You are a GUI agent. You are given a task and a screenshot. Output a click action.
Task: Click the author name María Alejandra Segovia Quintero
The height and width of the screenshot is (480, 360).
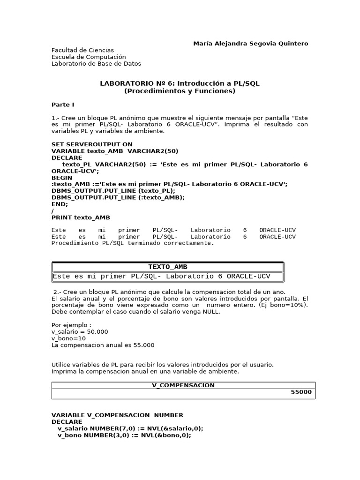251,44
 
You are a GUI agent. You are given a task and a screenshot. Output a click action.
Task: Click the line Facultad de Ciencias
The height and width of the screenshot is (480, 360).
82,50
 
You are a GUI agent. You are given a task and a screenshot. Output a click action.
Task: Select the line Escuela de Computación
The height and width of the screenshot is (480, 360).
89,57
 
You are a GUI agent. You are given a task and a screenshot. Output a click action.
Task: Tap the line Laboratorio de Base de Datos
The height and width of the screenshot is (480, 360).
96,64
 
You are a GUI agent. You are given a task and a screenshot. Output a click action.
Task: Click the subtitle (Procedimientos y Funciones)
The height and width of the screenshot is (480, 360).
180,91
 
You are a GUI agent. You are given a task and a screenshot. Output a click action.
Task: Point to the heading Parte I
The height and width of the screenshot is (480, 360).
63,105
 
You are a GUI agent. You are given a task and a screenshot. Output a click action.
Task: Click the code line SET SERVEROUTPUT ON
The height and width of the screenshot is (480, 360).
92,144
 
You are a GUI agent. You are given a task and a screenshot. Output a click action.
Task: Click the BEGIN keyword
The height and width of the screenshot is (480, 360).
62,178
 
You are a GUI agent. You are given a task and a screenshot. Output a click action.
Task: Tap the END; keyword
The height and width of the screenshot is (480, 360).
60,204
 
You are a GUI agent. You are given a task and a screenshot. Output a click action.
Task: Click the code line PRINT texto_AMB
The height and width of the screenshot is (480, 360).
81,217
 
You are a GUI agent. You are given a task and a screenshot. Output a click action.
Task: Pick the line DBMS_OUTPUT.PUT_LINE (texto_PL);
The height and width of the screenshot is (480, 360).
113,191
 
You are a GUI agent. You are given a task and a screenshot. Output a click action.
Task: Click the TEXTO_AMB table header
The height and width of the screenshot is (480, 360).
168,267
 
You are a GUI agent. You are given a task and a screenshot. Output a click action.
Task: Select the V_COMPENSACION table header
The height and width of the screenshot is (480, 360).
183,385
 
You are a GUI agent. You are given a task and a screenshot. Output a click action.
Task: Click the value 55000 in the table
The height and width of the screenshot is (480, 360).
301,392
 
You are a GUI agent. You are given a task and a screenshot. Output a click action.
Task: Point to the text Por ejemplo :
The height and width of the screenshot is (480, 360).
71,324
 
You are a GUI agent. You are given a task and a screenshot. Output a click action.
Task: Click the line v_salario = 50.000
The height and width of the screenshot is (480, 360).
80,331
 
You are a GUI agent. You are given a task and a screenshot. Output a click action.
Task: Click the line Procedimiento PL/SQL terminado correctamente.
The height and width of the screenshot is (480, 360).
133,243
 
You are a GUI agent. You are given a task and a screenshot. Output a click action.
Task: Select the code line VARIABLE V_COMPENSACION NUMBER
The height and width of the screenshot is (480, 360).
117,415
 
